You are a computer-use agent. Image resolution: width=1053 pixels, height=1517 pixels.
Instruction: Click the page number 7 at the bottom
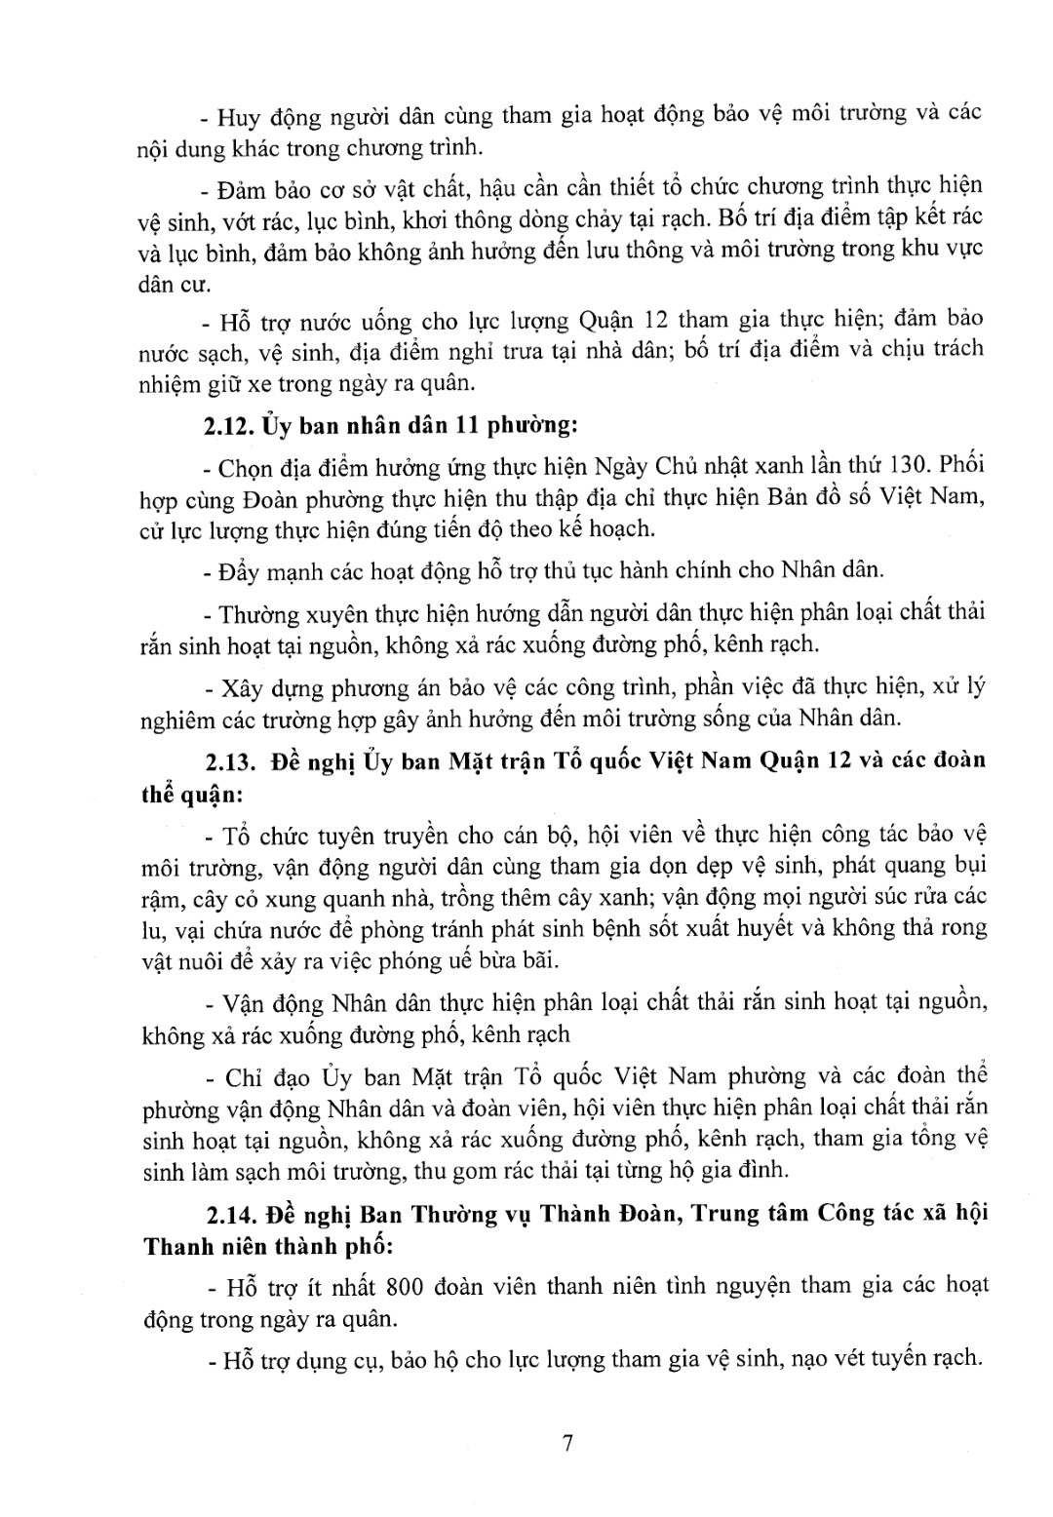click(566, 1443)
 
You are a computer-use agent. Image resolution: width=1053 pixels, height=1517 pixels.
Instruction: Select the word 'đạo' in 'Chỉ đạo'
click(284, 1077)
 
